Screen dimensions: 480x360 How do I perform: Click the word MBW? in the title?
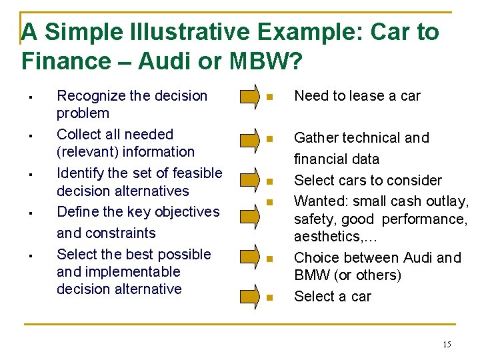point(261,61)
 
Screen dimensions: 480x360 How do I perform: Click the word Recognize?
point(89,96)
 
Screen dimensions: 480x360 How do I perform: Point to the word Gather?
point(317,138)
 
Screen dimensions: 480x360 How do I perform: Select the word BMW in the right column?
point(311,275)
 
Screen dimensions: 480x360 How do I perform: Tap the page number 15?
point(447,344)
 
